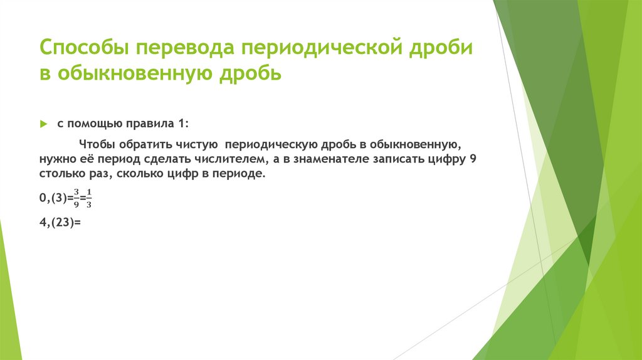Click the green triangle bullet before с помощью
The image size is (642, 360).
click(x=43, y=124)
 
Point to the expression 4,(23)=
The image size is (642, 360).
click(x=60, y=221)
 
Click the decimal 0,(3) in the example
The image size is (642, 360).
click(x=53, y=198)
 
